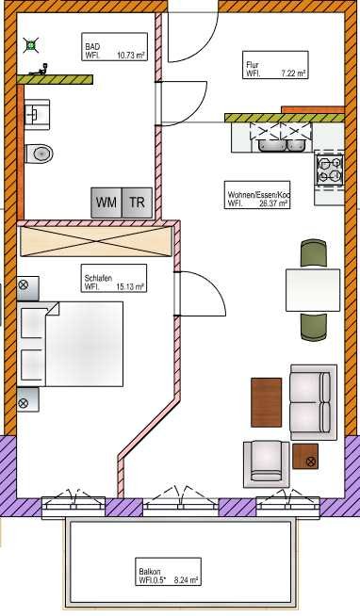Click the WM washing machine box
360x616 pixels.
pyautogui.click(x=106, y=203)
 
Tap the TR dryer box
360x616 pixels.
pyautogui.click(x=137, y=203)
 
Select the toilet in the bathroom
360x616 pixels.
pyautogui.click(x=39, y=154)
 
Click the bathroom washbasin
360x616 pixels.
pyautogui.click(x=37, y=114)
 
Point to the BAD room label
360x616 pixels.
pyautogui.click(x=92, y=47)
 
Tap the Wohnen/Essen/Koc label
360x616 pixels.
pyautogui.click(x=258, y=194)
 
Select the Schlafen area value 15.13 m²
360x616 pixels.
pyautogui.click(x=131, y=286)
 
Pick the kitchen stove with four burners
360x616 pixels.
pyautogui.click(x=329, y=170)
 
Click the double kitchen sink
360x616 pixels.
pyautogui.click(x=282, y=145)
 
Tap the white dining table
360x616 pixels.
pyautogui.click(x=313, y=290)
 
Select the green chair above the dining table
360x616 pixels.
pyautogui.click(x=314, y=254)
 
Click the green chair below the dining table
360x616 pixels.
pyautogui.click(x=314, y=326)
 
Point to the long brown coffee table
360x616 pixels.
pyautogui.click(x=267, y=402)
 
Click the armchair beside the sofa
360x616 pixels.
pyautogui.click(x=267, y=463)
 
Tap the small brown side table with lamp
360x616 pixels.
pyautogui.click(x=305, y=456)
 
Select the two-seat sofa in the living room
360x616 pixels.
pyautogui.click(x=314, y=402)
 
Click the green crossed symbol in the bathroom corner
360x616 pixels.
pyautogui.click(x=31, y=45)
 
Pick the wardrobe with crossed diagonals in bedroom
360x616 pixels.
pyautogui.click(x=96, y=242)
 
